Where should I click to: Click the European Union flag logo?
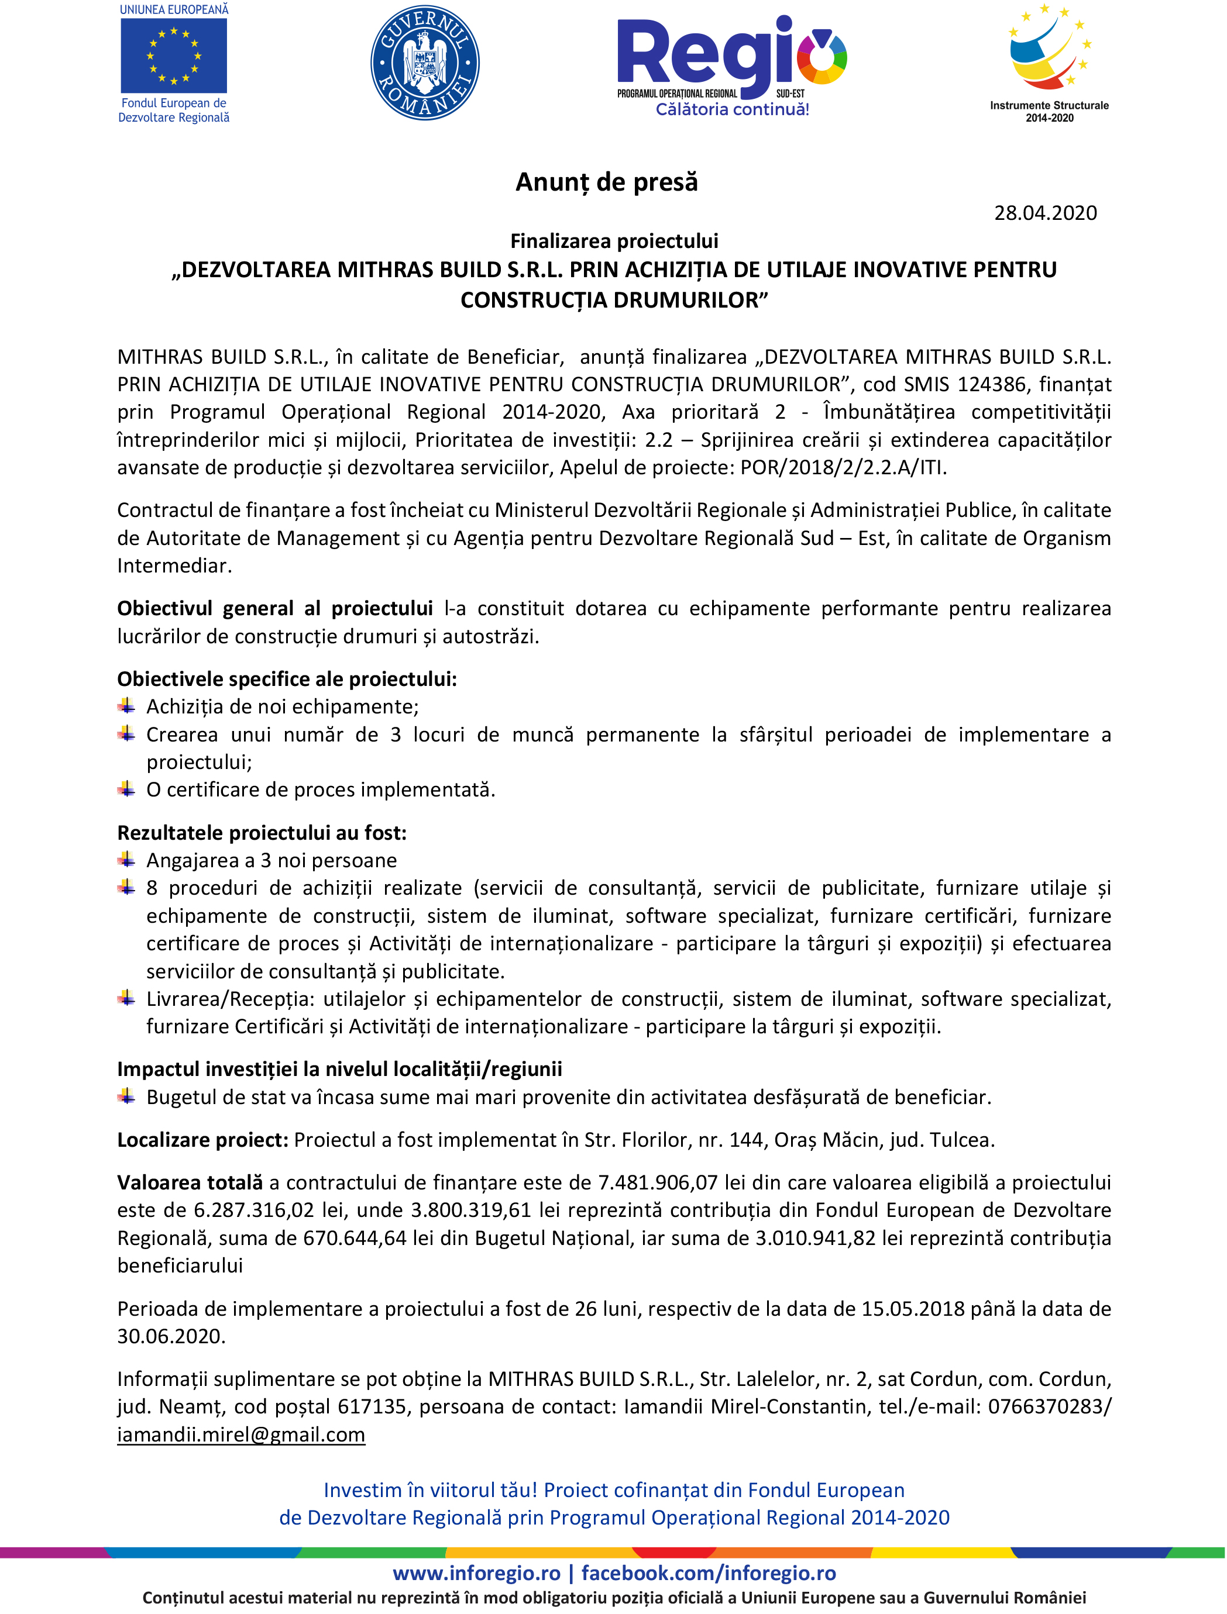point(174,56)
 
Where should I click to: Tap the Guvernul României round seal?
point(424,62)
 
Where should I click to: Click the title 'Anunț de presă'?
point(606,182)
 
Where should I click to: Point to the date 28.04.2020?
point(1045,213)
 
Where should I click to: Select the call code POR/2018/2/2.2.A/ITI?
point(843,468)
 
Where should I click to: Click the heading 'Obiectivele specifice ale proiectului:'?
point(287,680)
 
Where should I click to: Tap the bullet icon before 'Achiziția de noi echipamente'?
point(126,706)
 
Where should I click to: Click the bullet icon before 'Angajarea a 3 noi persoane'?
point(126,860)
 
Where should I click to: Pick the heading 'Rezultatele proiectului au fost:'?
point(262,833)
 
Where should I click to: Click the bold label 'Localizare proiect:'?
point(202,1140)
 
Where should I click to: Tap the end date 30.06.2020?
point(171,1337)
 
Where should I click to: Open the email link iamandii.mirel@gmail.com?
point(241,1435)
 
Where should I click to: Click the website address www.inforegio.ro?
point(476,1573)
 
